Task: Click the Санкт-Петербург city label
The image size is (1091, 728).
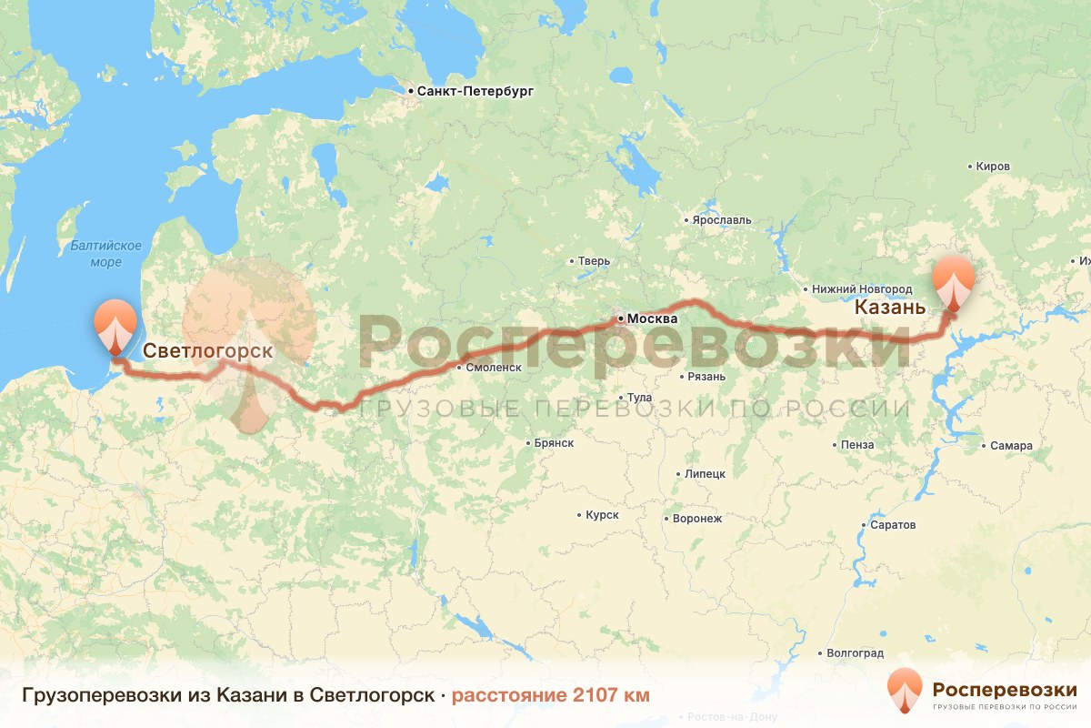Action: pyautogui.click(x=474, y=92)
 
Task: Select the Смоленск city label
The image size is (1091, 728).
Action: pyautogui.click(x=492, y=368)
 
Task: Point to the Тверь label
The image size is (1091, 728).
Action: pyautogui.click(x=594, y=262)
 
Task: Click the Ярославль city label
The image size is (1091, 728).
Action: pyautogui.click(x=721, y=220)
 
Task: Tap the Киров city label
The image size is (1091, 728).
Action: pyautogui.click(x=992, y=167)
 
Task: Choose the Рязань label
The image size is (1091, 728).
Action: pyautogui.click(x=706, y=377)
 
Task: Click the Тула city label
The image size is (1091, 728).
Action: pyautogui.click(x=640, y=398)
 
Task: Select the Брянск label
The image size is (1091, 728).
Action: pyautogui.click(x=554, y=443)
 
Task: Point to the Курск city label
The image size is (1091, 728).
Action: pyautogui.click(x=601, y=515)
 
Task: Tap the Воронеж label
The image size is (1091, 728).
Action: pyautogui.click(x=696, y=519)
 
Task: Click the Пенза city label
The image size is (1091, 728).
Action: pyautogui.click(x=857, y=445)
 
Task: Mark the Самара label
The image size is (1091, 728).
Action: pyautogui.click(x=1011, y=446)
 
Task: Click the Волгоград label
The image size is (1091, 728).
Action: pyautogui.click(x=855, y=653)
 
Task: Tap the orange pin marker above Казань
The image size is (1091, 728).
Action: pyautogui.click(x=955, y=278)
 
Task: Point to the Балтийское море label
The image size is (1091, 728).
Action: pyautogui.click(x=106, y=254)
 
